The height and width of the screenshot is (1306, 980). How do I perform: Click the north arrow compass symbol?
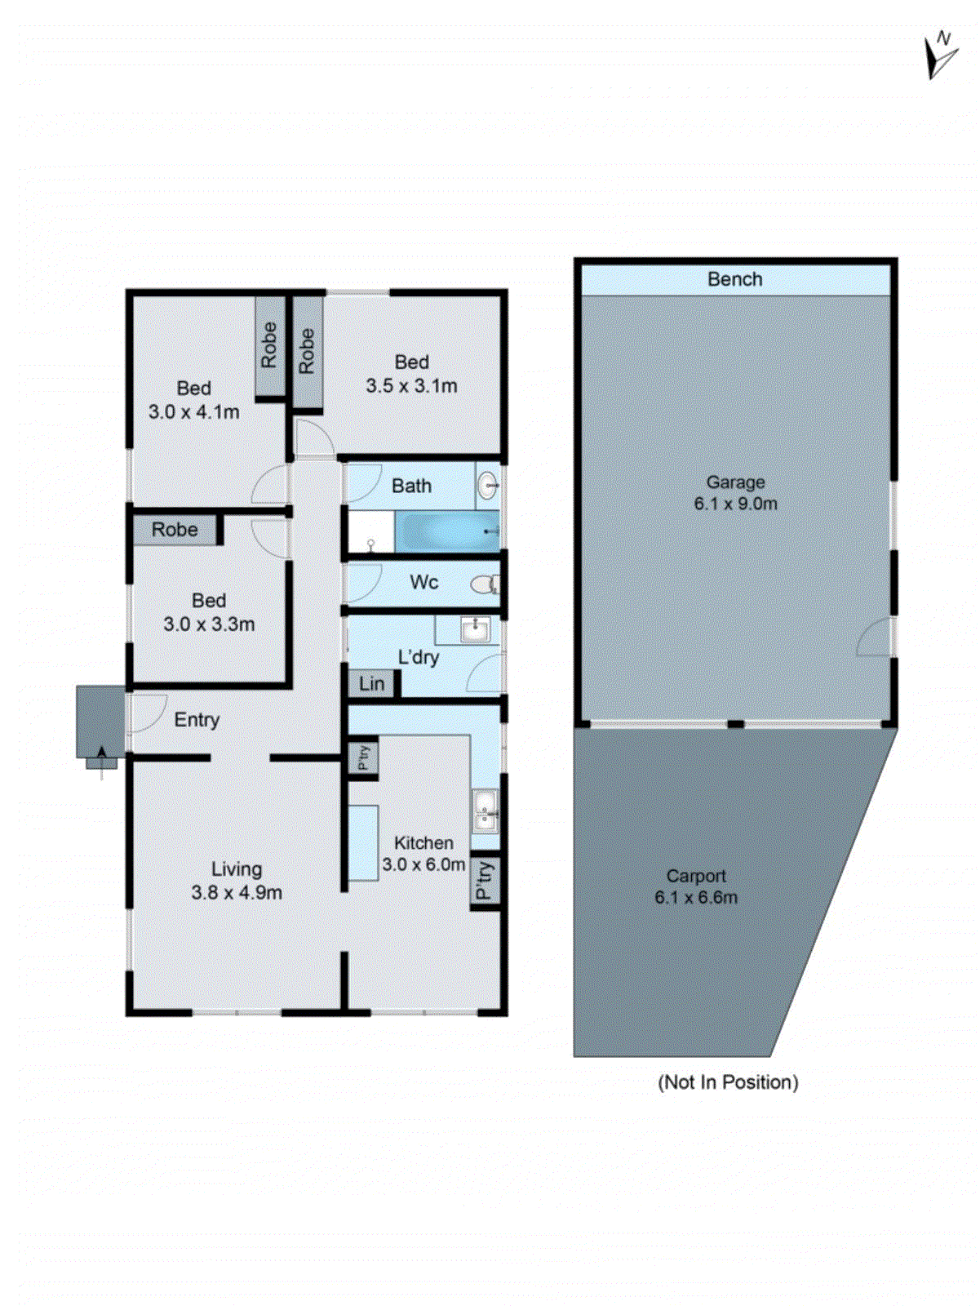[x=941, y=56]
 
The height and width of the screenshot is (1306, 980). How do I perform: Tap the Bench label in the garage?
[x=734, y=279]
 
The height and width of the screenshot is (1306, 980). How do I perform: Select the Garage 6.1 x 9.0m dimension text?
[x=735, y=504]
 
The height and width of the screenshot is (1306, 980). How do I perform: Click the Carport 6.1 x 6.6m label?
[x=695, y=886]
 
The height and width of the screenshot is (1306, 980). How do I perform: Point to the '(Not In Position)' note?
[x=727, y=1082]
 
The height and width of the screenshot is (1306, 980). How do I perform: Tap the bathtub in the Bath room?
[x=446, y=531]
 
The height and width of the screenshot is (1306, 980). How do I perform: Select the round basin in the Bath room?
[x=487, y=486]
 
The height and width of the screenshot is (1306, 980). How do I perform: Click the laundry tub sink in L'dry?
[x=474, y=629]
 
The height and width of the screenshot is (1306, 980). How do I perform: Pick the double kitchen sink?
[x=485, y=810]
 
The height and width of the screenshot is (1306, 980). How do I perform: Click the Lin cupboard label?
[x=371, y=684]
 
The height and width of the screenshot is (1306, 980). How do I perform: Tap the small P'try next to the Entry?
[x=364, y=757]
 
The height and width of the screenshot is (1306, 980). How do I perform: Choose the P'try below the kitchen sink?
[x=484, y=881]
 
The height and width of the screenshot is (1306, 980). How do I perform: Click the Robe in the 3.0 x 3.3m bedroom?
[x=175, y=530]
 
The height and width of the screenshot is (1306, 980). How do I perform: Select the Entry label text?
[x=197, y=720]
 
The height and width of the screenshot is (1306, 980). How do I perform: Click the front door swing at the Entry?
[x=147, y=712]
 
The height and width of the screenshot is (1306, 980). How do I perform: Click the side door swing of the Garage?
[x=876, y=637]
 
